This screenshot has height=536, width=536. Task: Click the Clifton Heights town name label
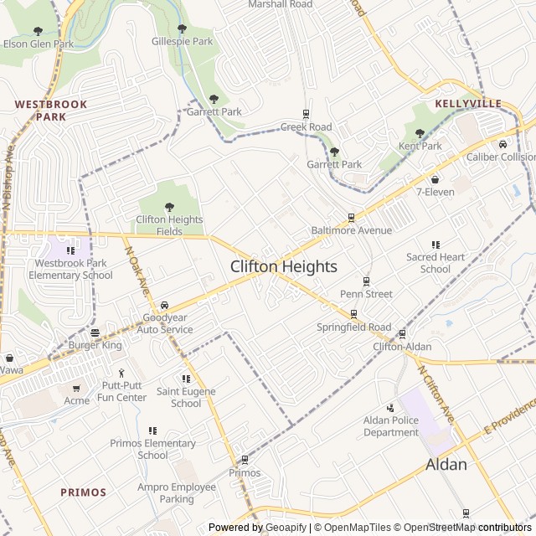pos(283,266)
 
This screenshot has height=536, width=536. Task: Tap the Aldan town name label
pos(446,464)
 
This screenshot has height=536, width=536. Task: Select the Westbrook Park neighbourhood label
pos(39,111)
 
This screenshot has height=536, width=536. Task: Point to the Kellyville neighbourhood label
pos(468,104)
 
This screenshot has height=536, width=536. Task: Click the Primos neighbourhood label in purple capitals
pos(83,492)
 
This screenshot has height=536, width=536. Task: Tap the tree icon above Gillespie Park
pos(182,28)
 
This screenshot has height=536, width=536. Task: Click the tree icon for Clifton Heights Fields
pos(169,207)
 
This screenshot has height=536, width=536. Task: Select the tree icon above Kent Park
pos(420,133)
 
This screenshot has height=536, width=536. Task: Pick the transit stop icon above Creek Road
pos(306,115)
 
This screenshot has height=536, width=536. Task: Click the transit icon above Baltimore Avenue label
pos(351,217)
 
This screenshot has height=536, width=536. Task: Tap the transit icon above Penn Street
pos(366,281)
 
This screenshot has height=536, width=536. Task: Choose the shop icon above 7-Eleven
pos(435,179)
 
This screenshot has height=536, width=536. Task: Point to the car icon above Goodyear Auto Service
pos(163,305)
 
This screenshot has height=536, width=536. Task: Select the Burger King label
pos(95,344)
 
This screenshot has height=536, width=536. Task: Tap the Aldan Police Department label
pos(390,426)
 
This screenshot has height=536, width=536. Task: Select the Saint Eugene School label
pos(186,397)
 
